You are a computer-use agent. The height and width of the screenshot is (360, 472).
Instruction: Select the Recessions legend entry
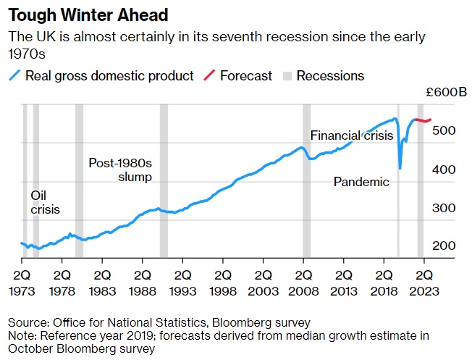click(330, 75)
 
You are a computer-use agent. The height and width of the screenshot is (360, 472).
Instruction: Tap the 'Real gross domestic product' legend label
click(109, 75)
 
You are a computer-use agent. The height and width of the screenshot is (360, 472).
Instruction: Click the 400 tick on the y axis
click(443, 169)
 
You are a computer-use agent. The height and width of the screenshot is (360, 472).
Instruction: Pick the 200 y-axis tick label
click(443, 246)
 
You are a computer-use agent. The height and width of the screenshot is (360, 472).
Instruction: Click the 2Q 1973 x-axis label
click(22, 281)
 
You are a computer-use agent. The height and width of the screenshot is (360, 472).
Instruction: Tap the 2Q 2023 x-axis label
click(423, 281)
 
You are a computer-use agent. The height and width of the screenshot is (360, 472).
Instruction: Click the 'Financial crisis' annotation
click(351, 135)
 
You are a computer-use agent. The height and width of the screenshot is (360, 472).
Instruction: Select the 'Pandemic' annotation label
click(361, 182)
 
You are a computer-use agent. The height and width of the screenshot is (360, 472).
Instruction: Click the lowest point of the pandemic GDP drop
click(400, 168)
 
